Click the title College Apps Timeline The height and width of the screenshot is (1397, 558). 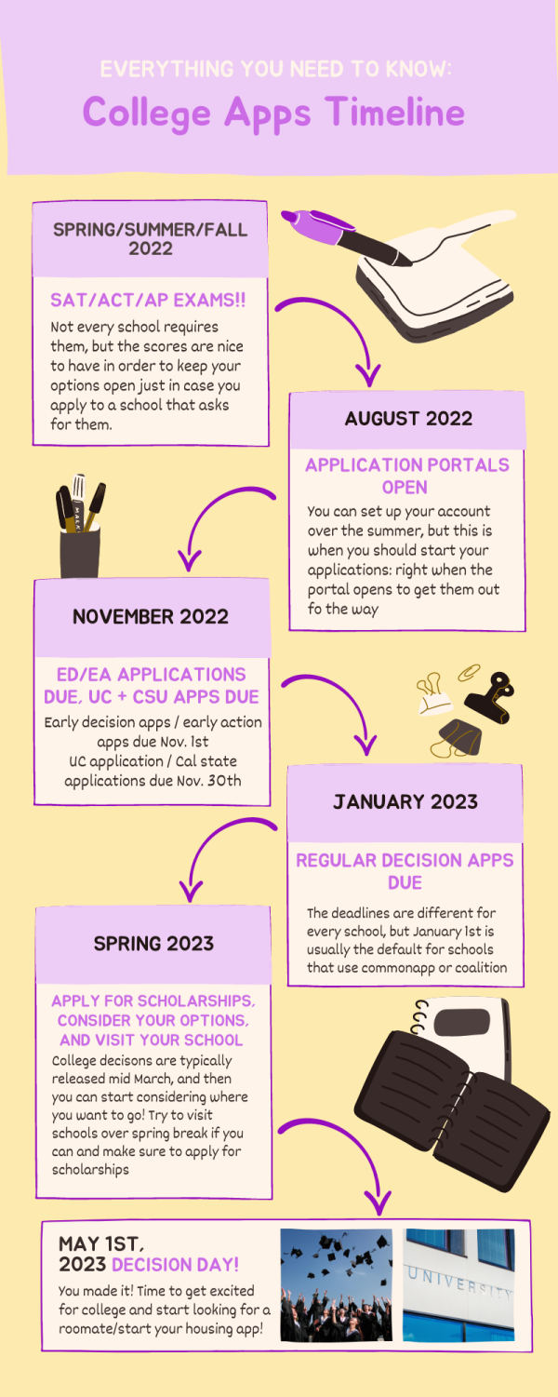click(273, 114)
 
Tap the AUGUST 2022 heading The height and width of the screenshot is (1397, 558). click(408, 419)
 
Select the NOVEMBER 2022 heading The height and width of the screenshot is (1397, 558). click(151, 617)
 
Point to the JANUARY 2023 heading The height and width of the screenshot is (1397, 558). click(405, 801)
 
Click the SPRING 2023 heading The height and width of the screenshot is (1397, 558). click(153, 944)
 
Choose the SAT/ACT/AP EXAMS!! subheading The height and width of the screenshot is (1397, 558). click(148, 301)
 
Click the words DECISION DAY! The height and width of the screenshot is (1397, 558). click(175, 1265)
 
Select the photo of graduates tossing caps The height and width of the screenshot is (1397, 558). click(336, 1284)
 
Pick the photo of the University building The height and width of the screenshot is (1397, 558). click(458, 1284)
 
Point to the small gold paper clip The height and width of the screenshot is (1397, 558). click(469, 672)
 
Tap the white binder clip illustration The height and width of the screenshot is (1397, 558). click(433, 694)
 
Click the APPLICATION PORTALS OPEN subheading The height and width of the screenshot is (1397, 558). click(406, 476)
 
